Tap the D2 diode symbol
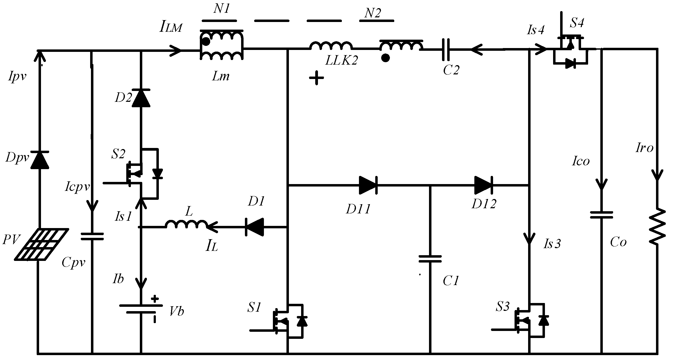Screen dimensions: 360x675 click(141, 98)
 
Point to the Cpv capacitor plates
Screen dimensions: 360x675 click(92, 236)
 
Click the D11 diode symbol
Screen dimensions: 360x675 click(368, 185)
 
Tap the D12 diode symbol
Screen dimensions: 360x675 click(484, 185)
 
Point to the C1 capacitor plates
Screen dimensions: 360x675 click(430, 258)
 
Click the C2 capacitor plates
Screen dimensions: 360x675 click(446, 49)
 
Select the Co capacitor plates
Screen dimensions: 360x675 click(602, 215)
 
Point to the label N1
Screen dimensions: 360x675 click(222, 9)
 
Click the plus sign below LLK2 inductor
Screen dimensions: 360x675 click(316, 78)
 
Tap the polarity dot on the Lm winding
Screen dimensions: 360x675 click(206, 42)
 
